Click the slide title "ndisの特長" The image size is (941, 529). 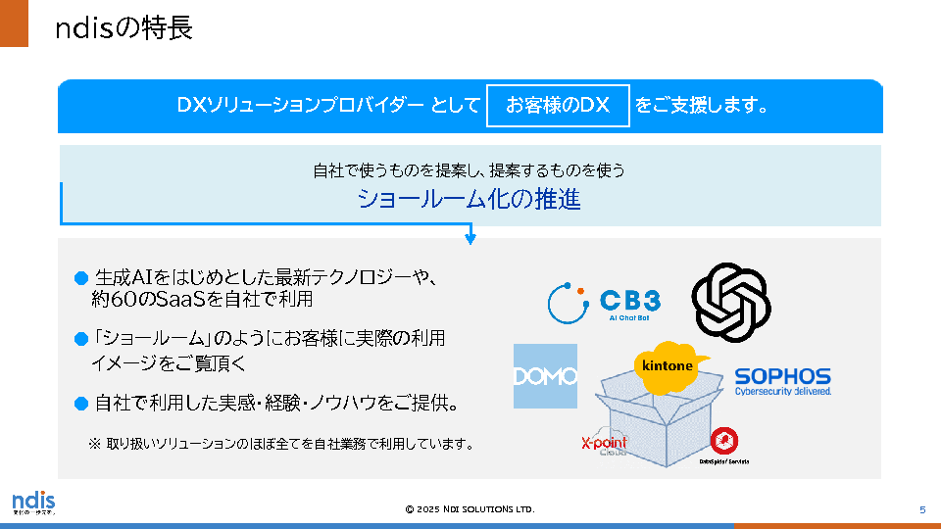pyautogui.click(x=124, y=28)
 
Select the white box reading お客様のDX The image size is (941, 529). pyautogui.click(x=558, y=105)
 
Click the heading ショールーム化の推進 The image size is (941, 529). pyautogui.click(x=469, y=200)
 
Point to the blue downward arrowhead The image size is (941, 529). pyautogui.click(x=470, y=239)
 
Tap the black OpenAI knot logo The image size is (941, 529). pyautogui.click(x=731, y=302)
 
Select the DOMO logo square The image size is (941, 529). pyautogui.click(x=545, y=376)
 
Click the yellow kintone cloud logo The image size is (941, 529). pyautogui.click(x=668, y=365)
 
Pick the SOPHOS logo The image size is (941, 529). pyautogui.click(x=782, y=379)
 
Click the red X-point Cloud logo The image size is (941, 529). pyautogui.click(x=604, y=444)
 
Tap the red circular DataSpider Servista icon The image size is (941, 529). pyautogui.click(x=723, y=441)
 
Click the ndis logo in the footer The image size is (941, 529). pyautogui.click(x=33, y=503)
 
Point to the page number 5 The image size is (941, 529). pyautogui.click(x=922, y=509)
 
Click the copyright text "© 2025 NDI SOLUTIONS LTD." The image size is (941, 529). pyautogui.click(x=470, y=509)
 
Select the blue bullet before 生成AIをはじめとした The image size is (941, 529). pyautogui.click(x=82, y=278)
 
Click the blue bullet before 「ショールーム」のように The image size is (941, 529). pyautogui.click(x=82, y=339)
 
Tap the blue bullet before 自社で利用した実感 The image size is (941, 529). pyautogui.click(x=82, y=403)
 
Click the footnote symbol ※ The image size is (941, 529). pyautogui.click(x=95, y=444)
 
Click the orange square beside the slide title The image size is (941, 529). pyautogui.click(x=15, y=24)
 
